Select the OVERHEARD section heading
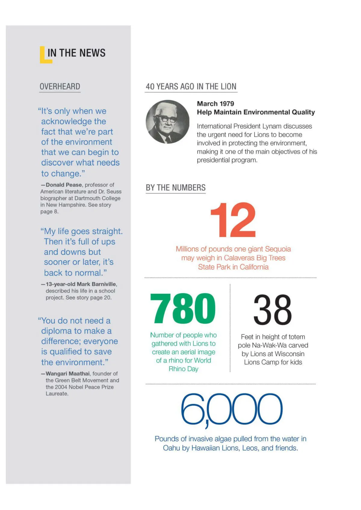[60, 87]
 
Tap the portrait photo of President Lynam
[168, 122]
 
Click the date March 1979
[215, 104]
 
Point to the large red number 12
[233, 220]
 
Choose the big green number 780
[183, 309]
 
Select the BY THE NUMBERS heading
[176, 188]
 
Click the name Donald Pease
[64, 185]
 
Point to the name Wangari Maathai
[68, 374]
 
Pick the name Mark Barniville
[96, 284]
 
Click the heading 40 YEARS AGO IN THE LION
[191, 87]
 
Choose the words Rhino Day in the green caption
[184, 369]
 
